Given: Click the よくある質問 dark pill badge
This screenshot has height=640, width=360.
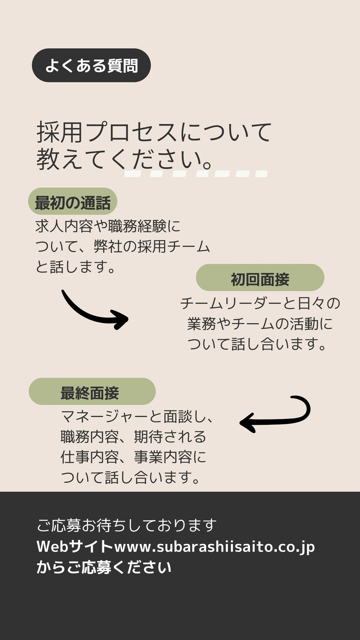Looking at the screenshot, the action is (x=91, y=65).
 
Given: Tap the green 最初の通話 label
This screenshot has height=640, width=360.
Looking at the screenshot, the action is (x=72, y=201).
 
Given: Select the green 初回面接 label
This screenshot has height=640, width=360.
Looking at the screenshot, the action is (x=260, y=278).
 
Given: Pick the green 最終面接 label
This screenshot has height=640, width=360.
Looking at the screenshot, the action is (x=92, y=391).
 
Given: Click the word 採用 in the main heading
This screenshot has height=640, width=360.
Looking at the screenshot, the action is (x=60, y=132).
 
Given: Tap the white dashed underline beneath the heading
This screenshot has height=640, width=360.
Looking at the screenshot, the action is (x=196, y=174).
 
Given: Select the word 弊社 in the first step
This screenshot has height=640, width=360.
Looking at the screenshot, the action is (x=108, y=246).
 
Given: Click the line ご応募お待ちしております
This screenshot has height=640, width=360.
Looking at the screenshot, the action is (x=126, y=526).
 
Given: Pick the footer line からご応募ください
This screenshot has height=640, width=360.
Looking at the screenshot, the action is (x=104, y=567).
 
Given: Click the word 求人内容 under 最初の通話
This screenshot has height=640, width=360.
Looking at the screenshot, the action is (x=64, y=226).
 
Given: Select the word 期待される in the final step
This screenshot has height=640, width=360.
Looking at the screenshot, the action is (x=170, y=436).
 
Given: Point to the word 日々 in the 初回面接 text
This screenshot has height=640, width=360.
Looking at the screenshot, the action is (x=311, y=304).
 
